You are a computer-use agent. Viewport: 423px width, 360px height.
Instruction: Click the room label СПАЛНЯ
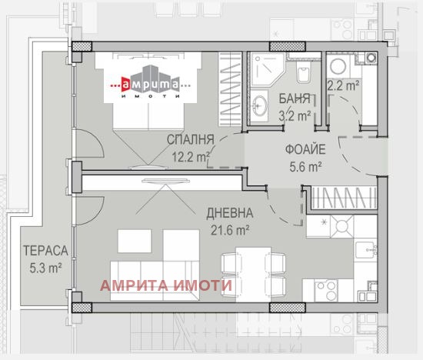click(191, 140)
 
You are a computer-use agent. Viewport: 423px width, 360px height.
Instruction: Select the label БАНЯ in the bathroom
click(295, 100)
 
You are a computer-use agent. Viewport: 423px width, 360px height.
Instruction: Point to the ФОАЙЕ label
click(305, 149)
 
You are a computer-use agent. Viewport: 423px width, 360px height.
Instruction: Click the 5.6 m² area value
click(305, 165)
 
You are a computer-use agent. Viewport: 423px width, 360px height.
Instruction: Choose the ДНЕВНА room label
click(228, 213)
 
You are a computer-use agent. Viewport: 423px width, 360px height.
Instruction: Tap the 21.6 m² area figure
click(229, 229)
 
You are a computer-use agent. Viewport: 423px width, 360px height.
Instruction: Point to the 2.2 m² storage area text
click(343, 86)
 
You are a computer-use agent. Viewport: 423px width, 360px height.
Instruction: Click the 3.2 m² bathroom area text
click(295, 116)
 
